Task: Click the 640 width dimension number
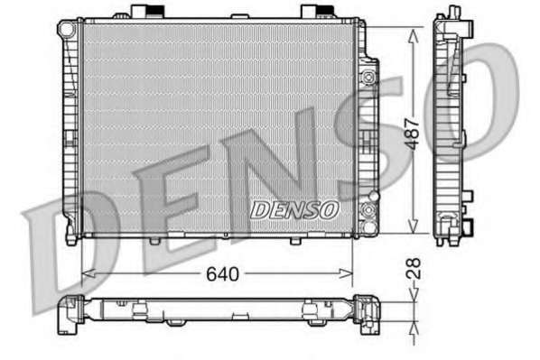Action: [222, 274]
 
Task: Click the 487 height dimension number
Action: [413, 134]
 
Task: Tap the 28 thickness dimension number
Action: [414, 269]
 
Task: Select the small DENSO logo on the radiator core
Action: [293, 210]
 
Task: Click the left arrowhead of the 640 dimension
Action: [88, 274]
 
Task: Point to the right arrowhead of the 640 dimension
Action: [346, 274]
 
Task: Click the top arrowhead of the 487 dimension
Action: [413, 35]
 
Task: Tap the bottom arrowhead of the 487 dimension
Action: [413, 226]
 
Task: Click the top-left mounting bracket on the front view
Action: [148, 11]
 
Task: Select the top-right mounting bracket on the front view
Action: [318, 11]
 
